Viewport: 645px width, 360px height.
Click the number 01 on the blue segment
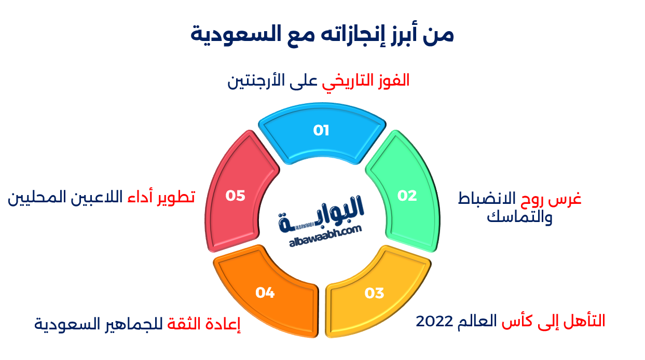click(321, 131)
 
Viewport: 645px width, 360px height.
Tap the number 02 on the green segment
click(407, 196)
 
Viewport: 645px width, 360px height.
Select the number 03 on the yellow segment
click(374, 294)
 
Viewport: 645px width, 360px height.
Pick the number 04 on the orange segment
click(265, 293)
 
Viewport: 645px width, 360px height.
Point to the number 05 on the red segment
click(235, 196)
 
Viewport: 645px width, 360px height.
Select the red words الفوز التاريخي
click(366, 80)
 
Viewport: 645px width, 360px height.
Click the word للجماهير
click(136, 325)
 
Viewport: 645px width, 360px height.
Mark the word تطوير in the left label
click(176, 197)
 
